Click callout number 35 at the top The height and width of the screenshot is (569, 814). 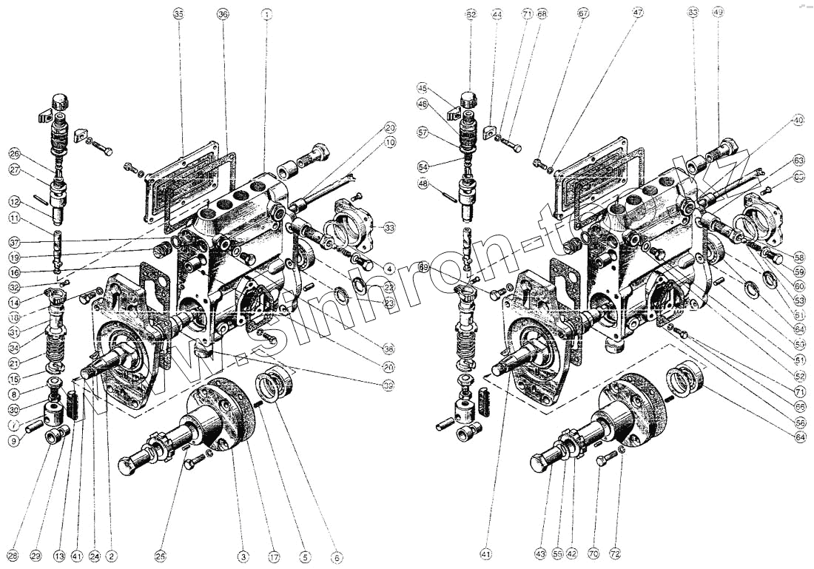click(178, 14)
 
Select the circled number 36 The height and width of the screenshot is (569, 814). click(223, 14)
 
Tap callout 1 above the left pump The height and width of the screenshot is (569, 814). click(266, 14)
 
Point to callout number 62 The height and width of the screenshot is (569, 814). click(471, 14)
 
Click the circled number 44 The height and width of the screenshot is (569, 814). click(497, 14)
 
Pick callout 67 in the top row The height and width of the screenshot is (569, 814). click(583, 14)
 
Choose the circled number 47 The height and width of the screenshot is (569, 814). click(638, 14)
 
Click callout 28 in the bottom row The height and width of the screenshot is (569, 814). click(12, 555)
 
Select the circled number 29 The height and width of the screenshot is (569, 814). click(36, 555)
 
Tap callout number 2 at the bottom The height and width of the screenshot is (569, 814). click(112, 555)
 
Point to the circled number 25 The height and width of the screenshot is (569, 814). click(161, 555)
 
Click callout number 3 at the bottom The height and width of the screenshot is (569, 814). click(242, 555)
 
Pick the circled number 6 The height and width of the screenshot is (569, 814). click(338, 555)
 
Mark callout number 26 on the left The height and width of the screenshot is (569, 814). click(15, 154)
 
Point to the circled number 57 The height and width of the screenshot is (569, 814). click(423, 133)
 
